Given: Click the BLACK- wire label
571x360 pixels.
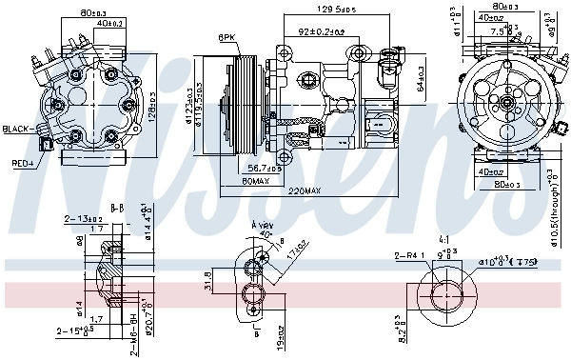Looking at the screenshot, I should tap(18, 129).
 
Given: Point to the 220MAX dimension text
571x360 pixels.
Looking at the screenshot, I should tap(305, 190).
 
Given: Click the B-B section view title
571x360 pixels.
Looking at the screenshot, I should tap(118, 206).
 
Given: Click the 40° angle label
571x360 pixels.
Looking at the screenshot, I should tap(265, 233).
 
